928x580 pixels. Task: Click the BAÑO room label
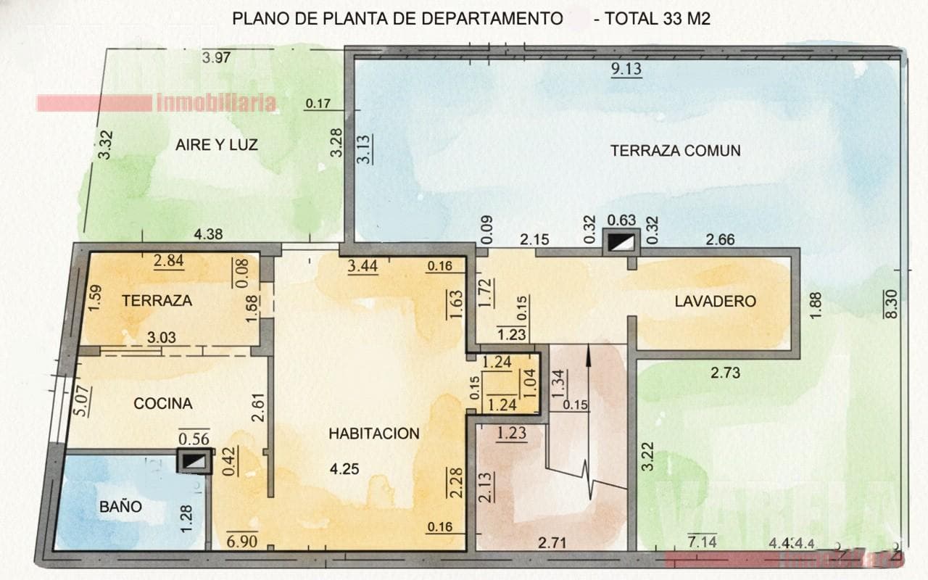pyautogui.click(x=121, y=507)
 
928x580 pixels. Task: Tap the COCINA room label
pyautogui.click(x=163, y=404)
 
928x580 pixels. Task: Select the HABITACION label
pyautogui.click(x=374, y=434)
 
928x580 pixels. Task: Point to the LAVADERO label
pyautogui.click(x=715, y=301)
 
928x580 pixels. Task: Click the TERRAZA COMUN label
pyautogui.click(x=675, y=151)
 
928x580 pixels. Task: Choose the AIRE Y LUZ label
pyautogui.click(x=216, y=145)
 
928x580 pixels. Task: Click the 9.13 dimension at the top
pyautogui.click(x=626, y=70)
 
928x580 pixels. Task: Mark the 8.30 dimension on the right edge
pyautogui.click(x=892, y=303)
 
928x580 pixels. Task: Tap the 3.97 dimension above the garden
pyautogui.click(x=216, y=58)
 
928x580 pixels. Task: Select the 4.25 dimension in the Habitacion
pyautogui.click(x=344, y=469)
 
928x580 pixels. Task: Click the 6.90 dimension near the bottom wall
pyautogui.click(x=241, y=540)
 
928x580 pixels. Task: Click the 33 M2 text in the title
pyautogui.click(x=686, y=20)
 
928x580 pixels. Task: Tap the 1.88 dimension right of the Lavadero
pyautogui.click(x=816, y=303)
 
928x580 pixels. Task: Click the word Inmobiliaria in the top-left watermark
pyautogui.click(x=216, y=103)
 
